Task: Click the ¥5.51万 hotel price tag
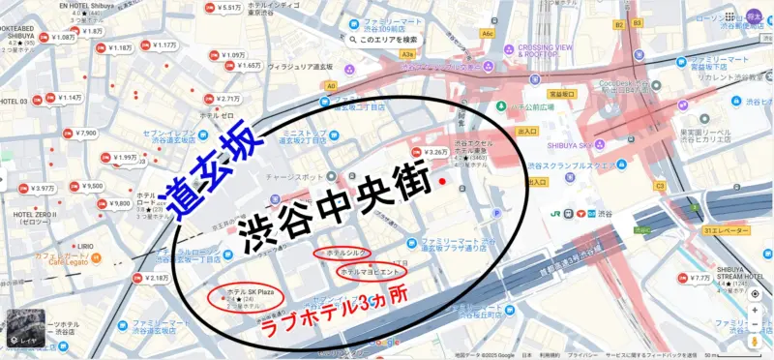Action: tap(226, 8)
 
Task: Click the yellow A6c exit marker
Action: tap(487, 33)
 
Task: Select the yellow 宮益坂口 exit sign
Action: tap(562, 95)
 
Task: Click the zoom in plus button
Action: tap(755, 311)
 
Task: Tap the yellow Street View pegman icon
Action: tap(755, 341)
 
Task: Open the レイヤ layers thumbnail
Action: tap(22, 327)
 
